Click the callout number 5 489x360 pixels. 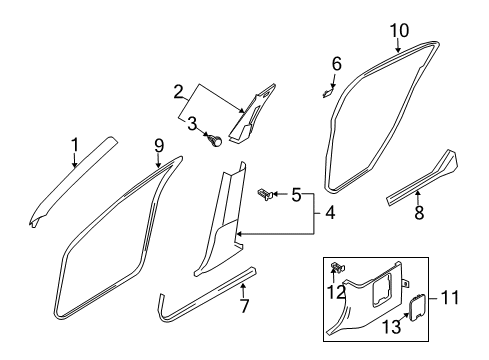coord(296,193)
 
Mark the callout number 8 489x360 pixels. coord(418,211)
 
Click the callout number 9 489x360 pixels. coord(159,146)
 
